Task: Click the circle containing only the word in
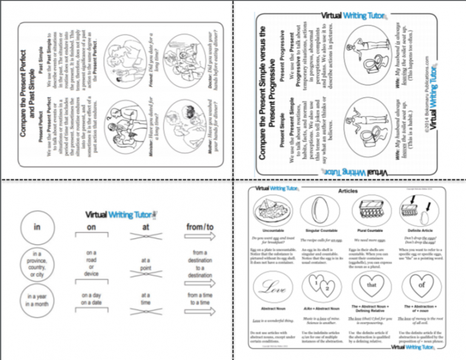pyautogui.click(x=36, y=227)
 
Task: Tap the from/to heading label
pyautogui.click(x=201, y=227)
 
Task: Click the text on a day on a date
pyautogui.click(x=91, y=299)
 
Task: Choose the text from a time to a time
pyautogui.click(x=201, y=299)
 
